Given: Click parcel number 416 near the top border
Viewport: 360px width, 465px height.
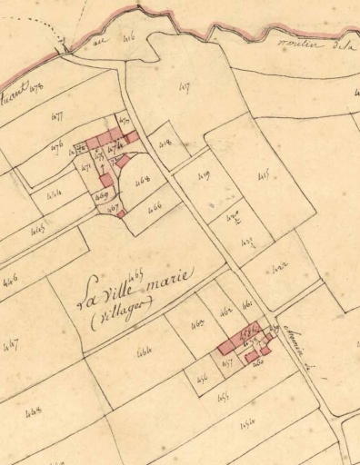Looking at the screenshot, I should (126, 37).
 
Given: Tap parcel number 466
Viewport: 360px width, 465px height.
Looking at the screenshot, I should (154, 207).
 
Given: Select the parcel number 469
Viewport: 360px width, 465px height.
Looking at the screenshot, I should (103, 195).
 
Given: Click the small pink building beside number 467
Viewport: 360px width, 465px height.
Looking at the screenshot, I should (122, 214).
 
